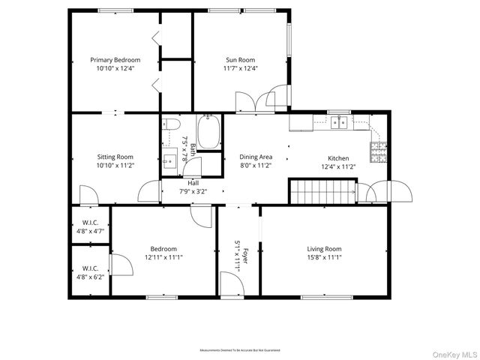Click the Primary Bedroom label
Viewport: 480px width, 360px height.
click(x=115, y=60)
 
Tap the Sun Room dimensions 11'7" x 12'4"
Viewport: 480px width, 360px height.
click(x=241, y=68)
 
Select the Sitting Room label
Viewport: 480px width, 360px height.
click(x=115, y=157)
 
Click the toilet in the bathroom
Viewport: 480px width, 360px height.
click(x=171, y=125)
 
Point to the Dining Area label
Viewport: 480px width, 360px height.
click(x=256, y=157)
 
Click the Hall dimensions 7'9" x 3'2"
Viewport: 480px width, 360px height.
click(x=193, y=191)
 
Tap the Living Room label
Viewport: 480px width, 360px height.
click(x=324, y=249)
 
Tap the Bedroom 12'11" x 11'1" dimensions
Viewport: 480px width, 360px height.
click(x=163, y=257)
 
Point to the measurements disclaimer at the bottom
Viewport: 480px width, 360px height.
click(x=239, y=350)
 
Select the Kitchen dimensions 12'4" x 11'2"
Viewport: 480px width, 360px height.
click(x=338, y=166)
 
